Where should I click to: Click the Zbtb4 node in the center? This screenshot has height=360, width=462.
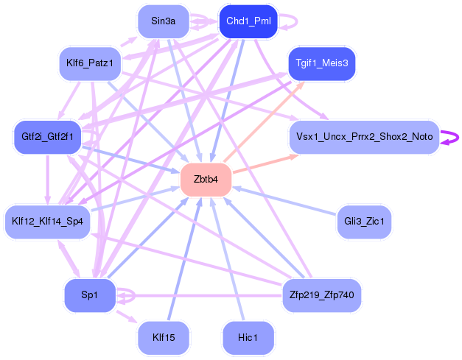click(206, 180)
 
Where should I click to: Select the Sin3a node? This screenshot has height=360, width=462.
click(163, 21)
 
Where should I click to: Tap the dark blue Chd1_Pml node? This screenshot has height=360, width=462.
click(248, 21)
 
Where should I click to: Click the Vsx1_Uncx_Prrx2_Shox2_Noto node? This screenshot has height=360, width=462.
click(364, 137)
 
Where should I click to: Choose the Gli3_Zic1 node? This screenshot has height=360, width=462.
click(363, 221)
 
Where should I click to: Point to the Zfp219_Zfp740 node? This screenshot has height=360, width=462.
click(321, 294)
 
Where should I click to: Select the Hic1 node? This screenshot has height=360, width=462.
click(248, 336)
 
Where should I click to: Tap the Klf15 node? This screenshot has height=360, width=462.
click(163, 336)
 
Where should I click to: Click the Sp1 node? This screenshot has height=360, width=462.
click(89, 294)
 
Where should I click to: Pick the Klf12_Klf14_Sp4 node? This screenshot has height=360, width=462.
click(48, 221)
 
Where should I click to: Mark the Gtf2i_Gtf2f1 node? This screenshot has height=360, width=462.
click(48, 137)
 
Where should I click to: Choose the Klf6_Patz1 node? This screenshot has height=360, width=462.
click(89, 63)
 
